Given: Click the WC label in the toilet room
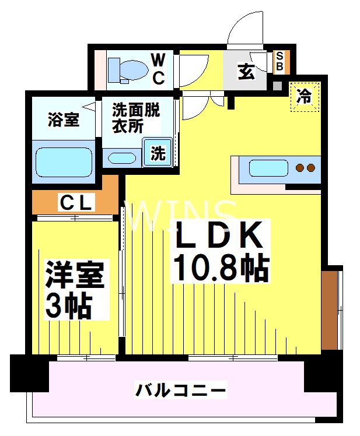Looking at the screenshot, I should coord(158,68).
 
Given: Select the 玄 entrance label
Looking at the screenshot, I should coord(246,73).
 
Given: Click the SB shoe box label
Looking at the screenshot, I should coord(279,62).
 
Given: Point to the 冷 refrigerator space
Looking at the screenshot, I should coord(305,96).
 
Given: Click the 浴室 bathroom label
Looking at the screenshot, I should coord(62,120).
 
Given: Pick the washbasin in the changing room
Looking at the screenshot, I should coord(121,158).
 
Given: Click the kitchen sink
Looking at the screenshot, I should coord(268,168).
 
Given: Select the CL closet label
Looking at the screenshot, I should coord(76,203).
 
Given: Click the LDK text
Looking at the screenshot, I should coord(216,235).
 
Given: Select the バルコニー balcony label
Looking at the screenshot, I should coord(180,389).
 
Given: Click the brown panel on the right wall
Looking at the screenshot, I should coord(330,309).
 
